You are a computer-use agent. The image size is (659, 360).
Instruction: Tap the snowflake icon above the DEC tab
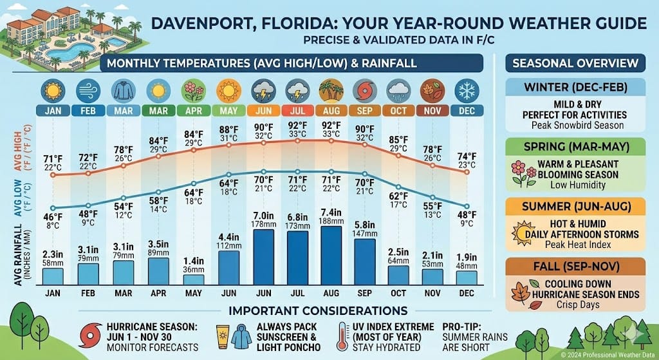pyautogui.click(x=467, y=91)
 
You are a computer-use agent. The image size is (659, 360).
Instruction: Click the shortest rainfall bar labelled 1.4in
pyautogui.click(x=193, y=279)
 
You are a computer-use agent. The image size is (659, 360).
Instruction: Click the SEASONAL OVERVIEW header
pyautogui.click(x=575, y=63)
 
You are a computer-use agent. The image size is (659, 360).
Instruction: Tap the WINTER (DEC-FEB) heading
pyautogui.click(x=575, y=87)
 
